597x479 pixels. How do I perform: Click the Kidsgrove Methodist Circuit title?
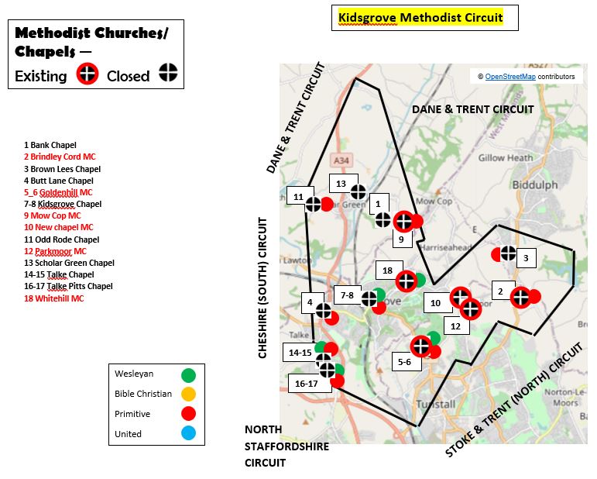420,17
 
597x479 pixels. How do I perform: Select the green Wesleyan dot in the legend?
188,375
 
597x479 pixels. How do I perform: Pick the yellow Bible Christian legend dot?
188,395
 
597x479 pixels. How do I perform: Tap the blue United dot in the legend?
188,433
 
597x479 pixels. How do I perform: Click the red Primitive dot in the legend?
188,414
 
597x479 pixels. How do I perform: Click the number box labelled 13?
340,184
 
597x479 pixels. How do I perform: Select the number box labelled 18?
388,271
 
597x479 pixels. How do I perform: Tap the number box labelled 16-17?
307,383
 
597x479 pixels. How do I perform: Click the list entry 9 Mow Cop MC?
52,215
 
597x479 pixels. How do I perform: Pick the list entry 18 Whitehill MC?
53,298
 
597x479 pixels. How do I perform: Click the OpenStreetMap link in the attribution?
510,77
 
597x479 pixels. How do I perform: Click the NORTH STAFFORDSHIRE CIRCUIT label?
286,446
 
